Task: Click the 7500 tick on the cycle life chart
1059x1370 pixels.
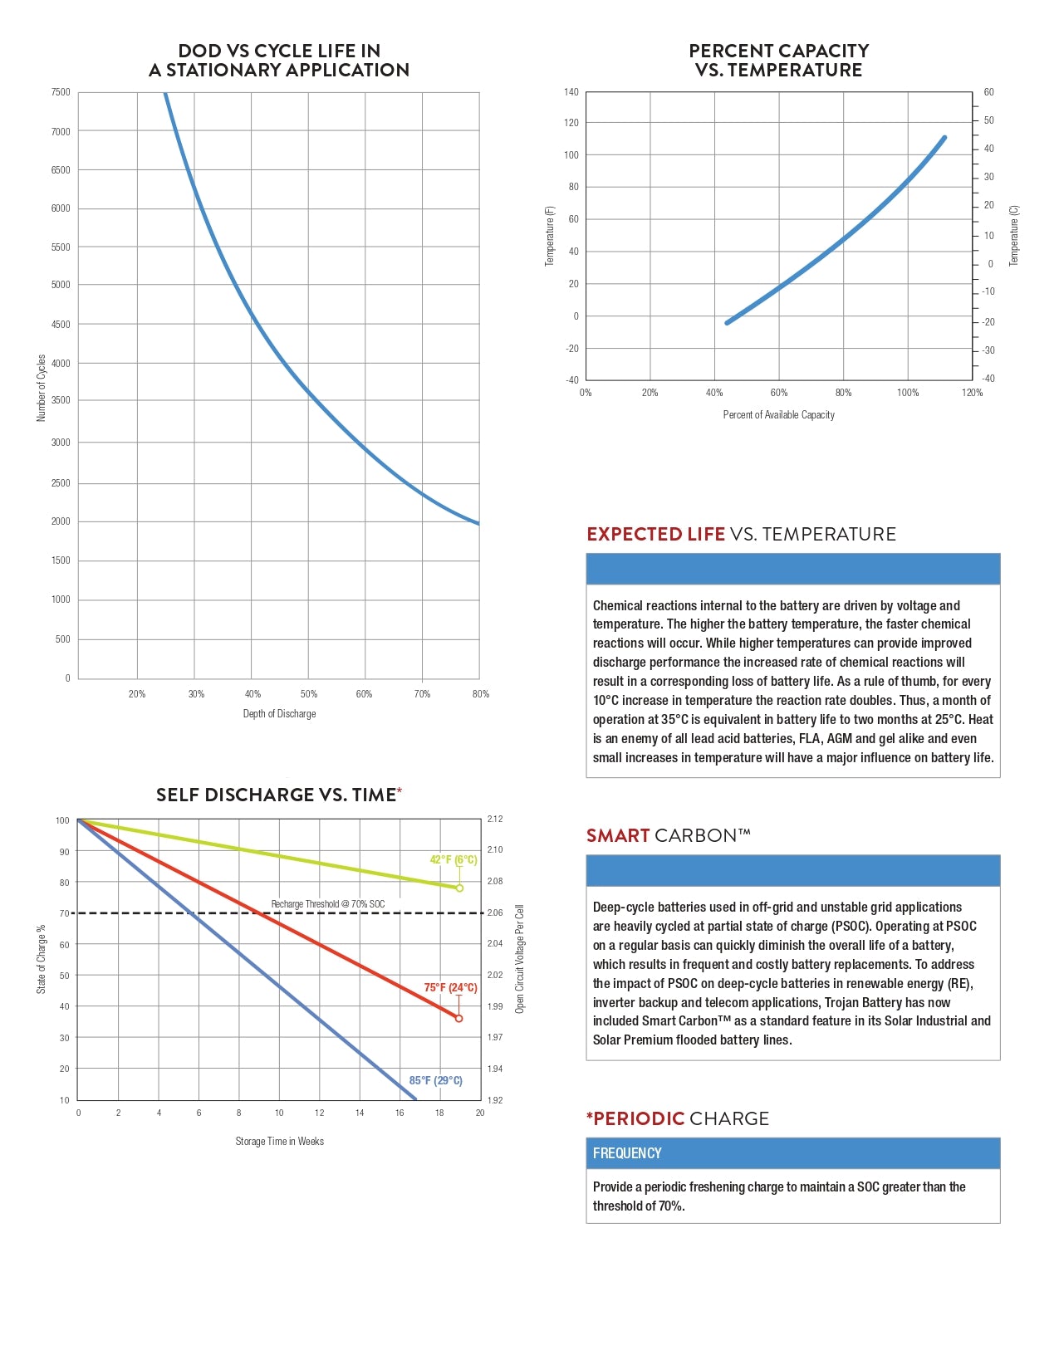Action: coord(61,92)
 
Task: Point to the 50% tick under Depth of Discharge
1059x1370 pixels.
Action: coord(309,694)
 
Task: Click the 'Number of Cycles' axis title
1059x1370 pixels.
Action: coord(42,388)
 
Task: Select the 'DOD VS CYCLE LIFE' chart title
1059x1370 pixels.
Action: coord(279,61)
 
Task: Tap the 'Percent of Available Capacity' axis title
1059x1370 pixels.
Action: coord(778,415)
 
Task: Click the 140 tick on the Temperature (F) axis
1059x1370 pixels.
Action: coord(571,92)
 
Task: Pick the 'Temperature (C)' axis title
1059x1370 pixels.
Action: coord(1013,236)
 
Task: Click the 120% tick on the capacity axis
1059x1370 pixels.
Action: coord(972,393)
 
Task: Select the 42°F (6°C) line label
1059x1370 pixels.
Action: coord(453,860)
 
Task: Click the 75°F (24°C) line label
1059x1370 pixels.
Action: coord(450,988)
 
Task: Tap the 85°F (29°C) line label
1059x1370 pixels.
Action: coord(435,1081)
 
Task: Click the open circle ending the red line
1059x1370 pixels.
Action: coord(458,1019)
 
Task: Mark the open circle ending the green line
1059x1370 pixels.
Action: coord(459,888)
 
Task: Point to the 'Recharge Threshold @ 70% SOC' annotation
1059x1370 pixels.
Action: coord(328,904)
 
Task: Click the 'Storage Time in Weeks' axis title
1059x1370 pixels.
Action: coord(279,1142)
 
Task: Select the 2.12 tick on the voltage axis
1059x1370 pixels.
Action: coord(495,820)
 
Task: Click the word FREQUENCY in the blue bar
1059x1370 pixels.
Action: coord(627,1153)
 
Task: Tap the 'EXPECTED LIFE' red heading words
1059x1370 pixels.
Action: coord(655,535)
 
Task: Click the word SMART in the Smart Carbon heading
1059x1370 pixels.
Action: coord(618,836)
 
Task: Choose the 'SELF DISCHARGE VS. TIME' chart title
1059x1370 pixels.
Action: coord(276,795)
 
